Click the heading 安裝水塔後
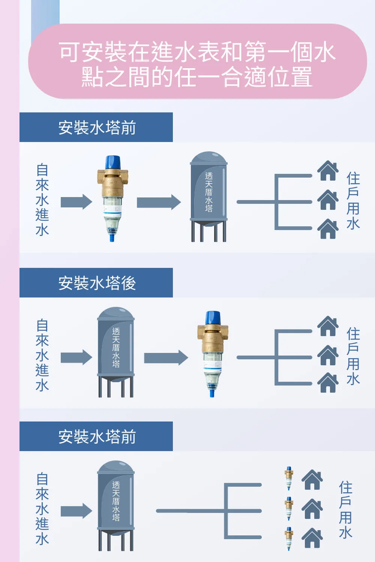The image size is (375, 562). pyautogui.click(x=97, y=283)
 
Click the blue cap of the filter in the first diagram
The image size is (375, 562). pyautogui.click(x=112, y=163)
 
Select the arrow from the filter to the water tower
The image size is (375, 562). pyautogui.click(x=159, y=202)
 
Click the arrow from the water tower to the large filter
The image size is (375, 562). pyautogui.click(x=166, y=357)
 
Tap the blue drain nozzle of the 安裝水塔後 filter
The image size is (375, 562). pyautogui.click(x=212, y=393)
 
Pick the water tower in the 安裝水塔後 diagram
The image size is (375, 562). pyautogui.click(x=116, y=352)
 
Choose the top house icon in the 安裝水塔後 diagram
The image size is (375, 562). pyautogui.click(x=328, y=326)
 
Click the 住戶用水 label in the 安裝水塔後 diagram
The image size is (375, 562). pyautogui.click(x=353, y=356)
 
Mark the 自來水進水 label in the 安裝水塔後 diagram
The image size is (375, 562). pyautogui.click(x=42, y=355)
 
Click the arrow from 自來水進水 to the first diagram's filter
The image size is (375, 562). pyautogui.click(x=76, y=202)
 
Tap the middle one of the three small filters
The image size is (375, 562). pyautogui.click(x=289, y=509)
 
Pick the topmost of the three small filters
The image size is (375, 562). pyautogui.click(x=289, y=478)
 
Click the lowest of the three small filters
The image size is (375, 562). pyautogui.click(x=289, y=539)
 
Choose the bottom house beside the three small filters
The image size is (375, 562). pyautogui.click(x=312, y=538)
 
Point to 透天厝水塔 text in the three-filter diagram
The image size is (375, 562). pyautogui.click(x=116, y=501)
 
